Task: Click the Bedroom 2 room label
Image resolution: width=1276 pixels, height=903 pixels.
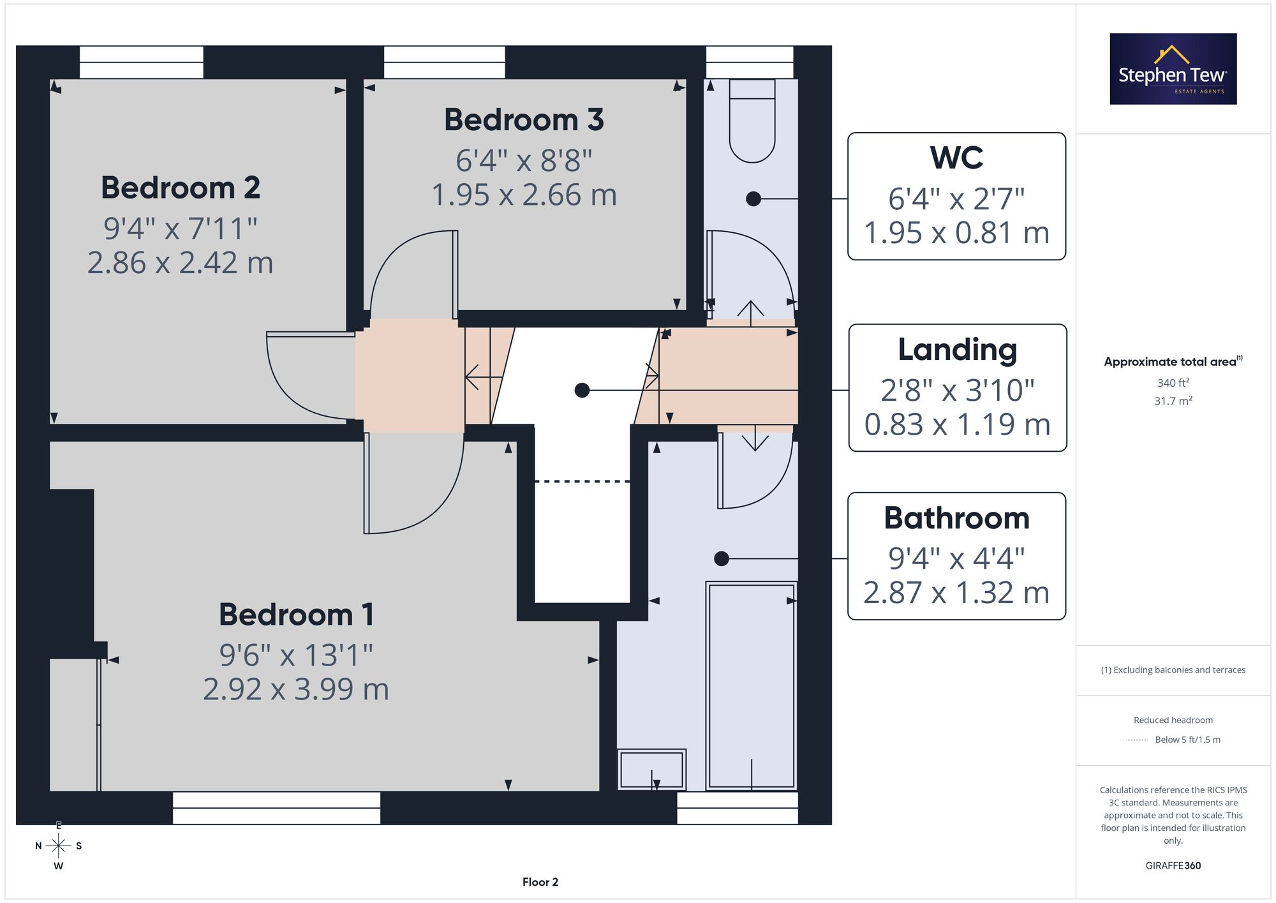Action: [181, 188]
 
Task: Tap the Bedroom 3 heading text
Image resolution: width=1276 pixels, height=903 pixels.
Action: [524, 120]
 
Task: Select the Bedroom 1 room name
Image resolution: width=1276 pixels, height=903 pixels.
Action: [296, 615]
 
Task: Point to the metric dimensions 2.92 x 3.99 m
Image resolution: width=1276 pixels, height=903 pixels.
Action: [296, 689]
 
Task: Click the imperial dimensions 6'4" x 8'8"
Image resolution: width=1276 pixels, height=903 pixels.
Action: [524, 161]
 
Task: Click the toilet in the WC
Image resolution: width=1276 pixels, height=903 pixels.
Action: [752, 121]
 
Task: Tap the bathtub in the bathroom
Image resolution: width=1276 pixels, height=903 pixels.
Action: [752, 686]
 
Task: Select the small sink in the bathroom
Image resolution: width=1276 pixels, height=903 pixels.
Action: [651, 770]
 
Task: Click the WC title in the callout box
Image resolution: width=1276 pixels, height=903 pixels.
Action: [956, 158]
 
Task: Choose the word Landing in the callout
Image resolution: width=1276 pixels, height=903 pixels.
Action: [957, 350]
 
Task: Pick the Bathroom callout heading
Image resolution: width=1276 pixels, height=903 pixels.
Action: [956, 518]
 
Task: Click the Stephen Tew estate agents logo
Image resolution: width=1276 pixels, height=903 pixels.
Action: [1173, 69]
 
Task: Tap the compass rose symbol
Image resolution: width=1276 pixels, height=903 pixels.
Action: [58, 846]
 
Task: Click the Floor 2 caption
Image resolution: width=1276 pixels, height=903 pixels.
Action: [540, 882]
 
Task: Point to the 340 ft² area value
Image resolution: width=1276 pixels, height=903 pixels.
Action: [1173, 383]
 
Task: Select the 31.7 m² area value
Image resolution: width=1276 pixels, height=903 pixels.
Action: [1173, 401]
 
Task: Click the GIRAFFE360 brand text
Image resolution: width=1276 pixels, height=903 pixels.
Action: [1173, 866]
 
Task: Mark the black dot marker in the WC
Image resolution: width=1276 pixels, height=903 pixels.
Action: [753, 199]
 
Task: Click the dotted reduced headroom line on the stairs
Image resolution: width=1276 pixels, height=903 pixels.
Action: [582, 481]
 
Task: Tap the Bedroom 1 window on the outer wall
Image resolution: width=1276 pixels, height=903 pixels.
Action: [276, 808]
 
